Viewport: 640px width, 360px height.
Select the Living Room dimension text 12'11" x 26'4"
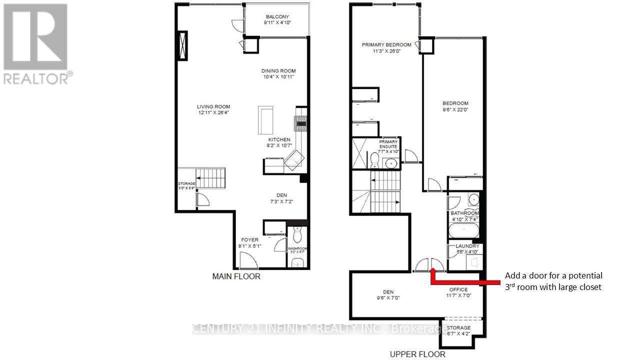tap(213, 113)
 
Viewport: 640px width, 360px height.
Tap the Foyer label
tap(250, 240)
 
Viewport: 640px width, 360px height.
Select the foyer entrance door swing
tap(246, 260)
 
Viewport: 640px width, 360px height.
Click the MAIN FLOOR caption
tap(236, 276)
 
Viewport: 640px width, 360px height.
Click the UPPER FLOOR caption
tap(417, 354)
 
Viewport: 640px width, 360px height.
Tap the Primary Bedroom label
tap(386, 45)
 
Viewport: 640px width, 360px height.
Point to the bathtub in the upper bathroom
tap(463, 231)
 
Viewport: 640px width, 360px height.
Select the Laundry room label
tap(467, 246)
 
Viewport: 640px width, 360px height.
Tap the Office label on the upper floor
tap(458, 289)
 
